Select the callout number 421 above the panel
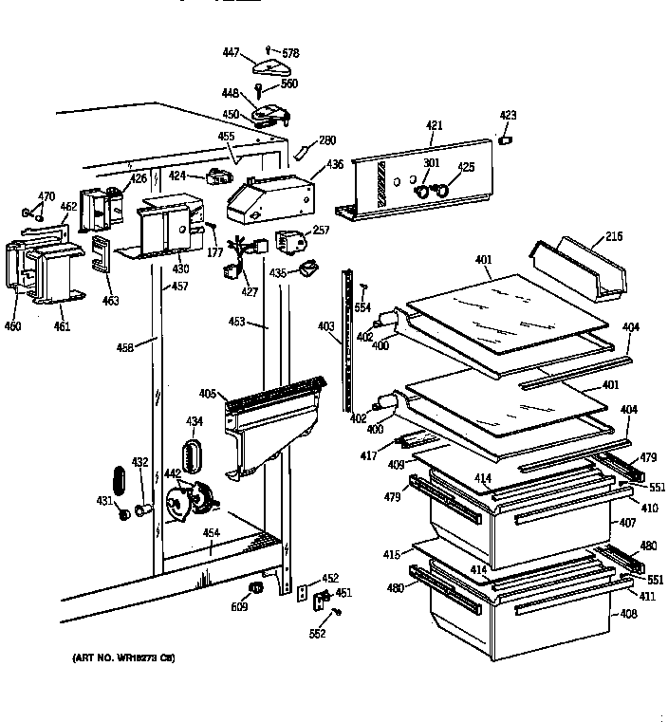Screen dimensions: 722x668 point(434,125)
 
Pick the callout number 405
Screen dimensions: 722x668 point(208,394)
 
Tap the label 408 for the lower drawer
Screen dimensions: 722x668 point(629,615)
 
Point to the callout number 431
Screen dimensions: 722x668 point(105,500)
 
